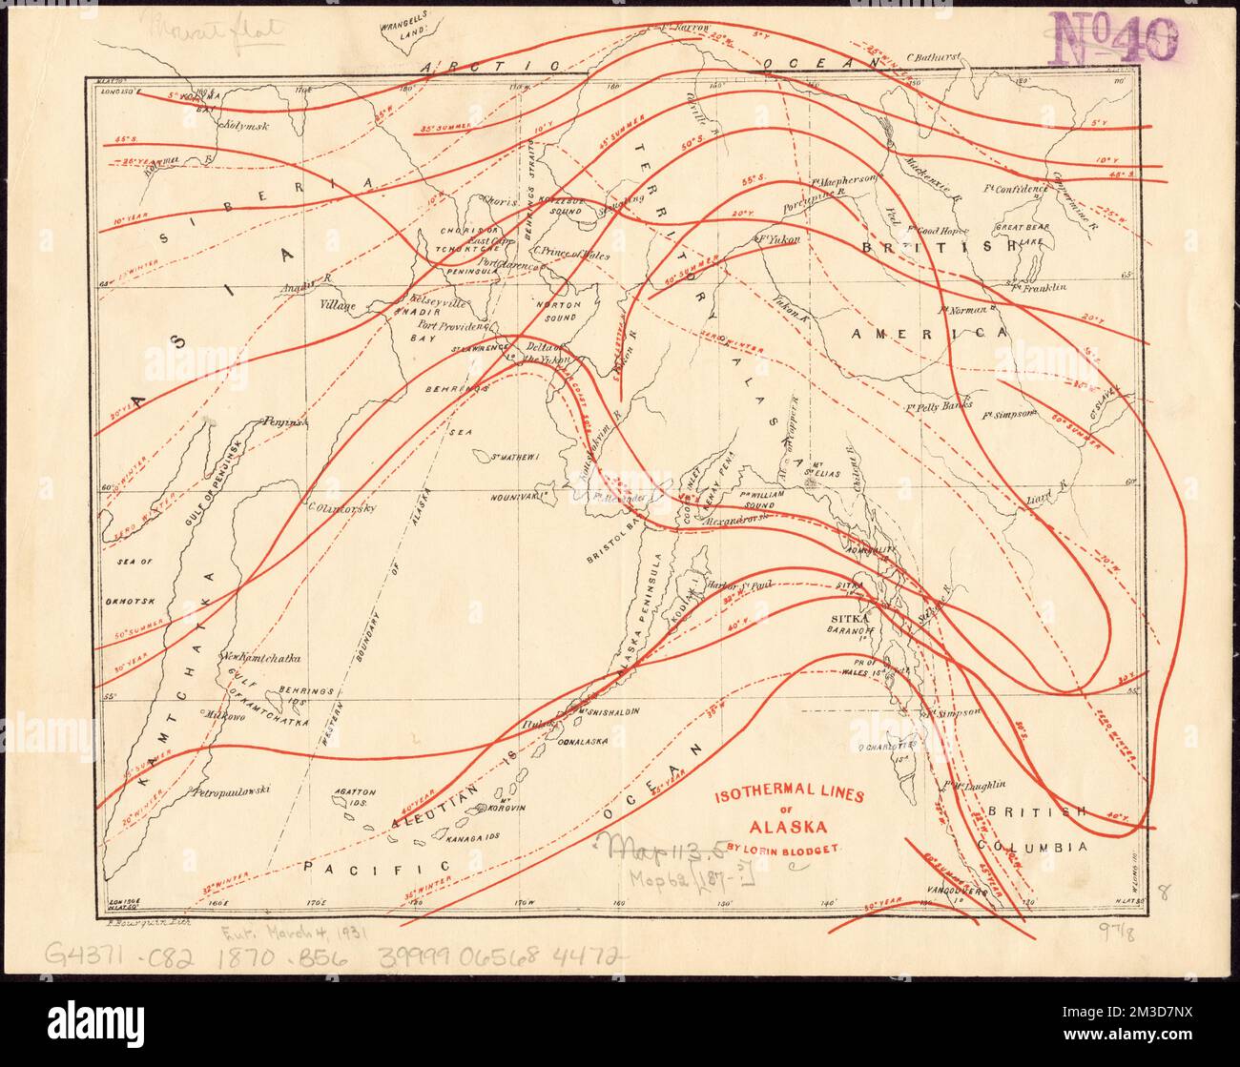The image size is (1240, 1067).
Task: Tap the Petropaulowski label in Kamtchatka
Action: [x=232, y=790]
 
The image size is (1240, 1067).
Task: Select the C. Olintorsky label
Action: [x=341, y=507]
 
